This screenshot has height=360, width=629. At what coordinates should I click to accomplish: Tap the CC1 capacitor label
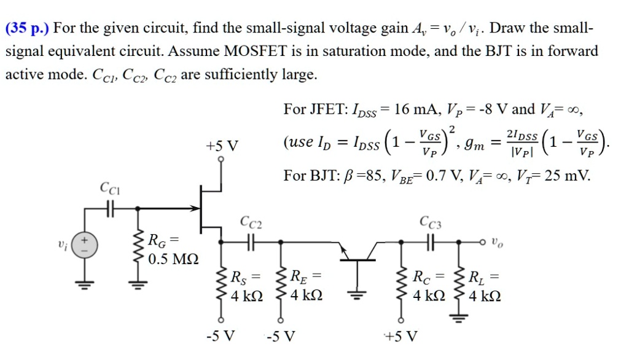111,187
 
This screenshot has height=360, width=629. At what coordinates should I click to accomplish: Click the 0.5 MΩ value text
173,259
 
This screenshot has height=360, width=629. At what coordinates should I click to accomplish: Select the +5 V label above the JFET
222,146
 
